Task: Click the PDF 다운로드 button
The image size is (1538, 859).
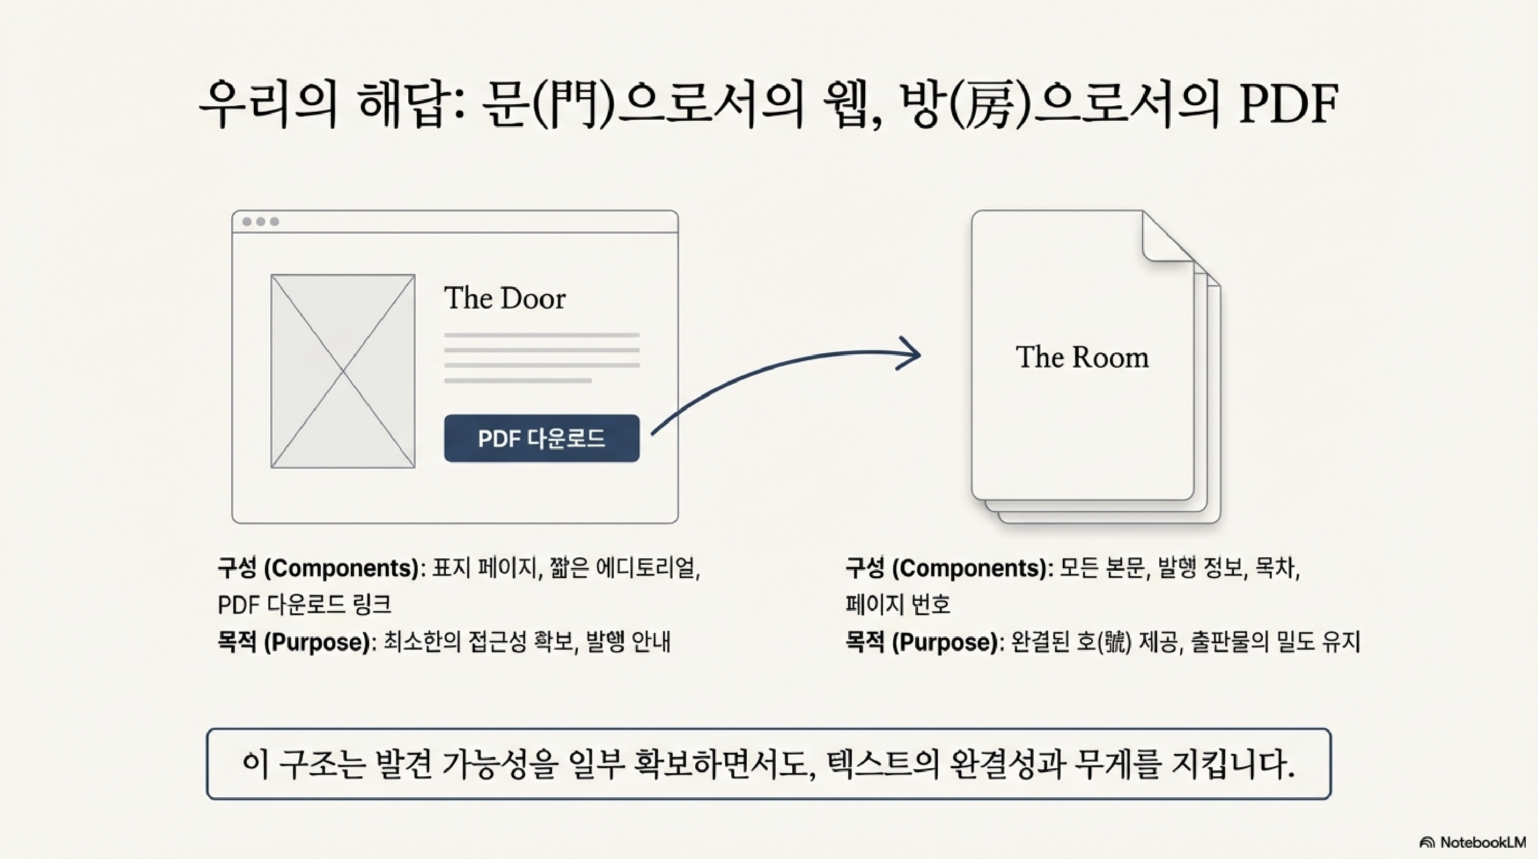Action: click(541, 439)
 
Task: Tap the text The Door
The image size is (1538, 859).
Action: click(504, 298)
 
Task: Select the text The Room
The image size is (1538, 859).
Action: click(1082, 357)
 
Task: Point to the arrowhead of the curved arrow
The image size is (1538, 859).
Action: click(914, 354)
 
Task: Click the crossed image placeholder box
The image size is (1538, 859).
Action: click(343, 371)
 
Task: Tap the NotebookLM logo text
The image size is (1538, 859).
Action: click(1482, 842)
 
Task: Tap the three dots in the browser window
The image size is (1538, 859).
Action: click(260, 222)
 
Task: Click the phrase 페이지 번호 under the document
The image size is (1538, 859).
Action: click(897, 605)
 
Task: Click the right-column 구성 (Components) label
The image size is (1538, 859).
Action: click(948, 567)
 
